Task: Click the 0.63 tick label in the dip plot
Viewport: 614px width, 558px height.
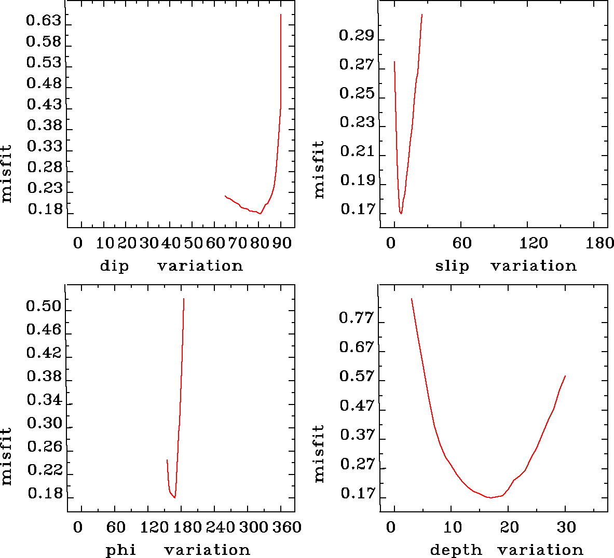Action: pos(44,22)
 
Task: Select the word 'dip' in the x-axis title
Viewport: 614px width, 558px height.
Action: pos(114,266)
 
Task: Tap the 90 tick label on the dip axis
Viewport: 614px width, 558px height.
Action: pos(281,243)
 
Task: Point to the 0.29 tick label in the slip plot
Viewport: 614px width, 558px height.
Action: pos(356,36)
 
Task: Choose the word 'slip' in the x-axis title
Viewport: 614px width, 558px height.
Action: pos(452,266)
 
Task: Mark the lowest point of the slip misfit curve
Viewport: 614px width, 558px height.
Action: pos(401,213)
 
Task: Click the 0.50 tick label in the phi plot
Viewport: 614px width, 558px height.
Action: pos(44,306)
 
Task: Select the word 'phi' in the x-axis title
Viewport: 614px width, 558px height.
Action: pos(121,550)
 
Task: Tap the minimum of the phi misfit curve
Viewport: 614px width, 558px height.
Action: pos(175,497)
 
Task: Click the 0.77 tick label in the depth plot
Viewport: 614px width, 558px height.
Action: pos(356,318)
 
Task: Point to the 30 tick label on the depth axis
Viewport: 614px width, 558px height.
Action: pos(566,527)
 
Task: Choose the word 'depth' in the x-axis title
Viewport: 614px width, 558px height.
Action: pos(456,550)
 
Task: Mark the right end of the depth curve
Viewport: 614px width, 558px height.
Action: pos(565,375)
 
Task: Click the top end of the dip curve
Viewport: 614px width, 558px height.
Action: pos(281,15)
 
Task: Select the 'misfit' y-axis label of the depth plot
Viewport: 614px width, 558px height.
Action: pos(319,454)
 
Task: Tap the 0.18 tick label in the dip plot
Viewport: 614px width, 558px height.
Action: pos(45,210)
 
